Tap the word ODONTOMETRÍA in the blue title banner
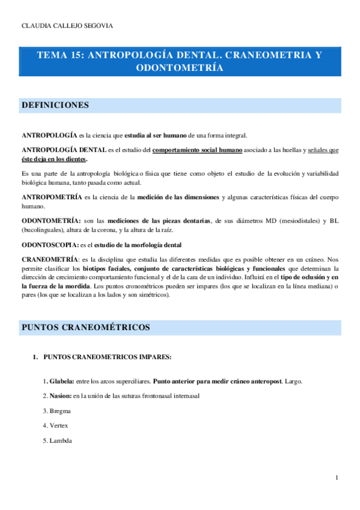click(x=180, y=68)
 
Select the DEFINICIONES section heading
click(x=55, y=105)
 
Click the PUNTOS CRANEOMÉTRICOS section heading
click(x=85, y=327)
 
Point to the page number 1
click(x=337, y=478)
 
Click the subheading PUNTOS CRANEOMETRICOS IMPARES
click(x=108, y=357)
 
